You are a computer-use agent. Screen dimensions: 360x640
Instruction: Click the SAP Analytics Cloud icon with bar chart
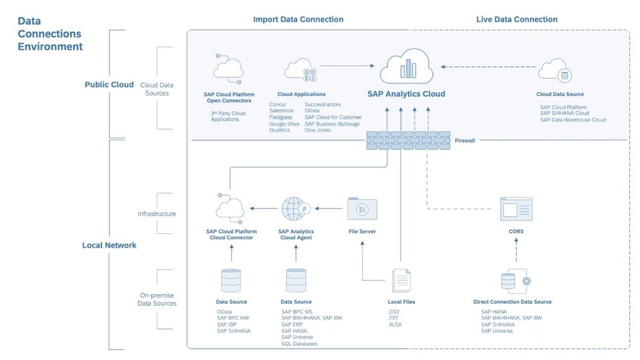(x=406, y=66)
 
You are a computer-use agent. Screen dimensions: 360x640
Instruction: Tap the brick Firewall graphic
(x=407, y=140)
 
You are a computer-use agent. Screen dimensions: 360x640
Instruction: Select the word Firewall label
(x=465, y=141)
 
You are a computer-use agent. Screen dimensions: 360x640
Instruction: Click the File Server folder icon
(x=362, y=209)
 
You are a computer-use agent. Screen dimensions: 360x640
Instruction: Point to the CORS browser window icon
(x=516, y=209)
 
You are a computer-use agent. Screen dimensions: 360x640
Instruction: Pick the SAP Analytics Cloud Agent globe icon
(x=295, y=209)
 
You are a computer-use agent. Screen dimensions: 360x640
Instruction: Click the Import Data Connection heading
(x=298, y=19)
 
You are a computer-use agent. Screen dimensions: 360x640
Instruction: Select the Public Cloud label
(x=109, y=85)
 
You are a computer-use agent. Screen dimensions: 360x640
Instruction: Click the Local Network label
(x=109, y=245)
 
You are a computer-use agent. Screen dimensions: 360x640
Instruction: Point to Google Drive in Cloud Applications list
(x=284, y=124)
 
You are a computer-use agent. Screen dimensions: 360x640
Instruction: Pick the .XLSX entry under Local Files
(x=395, y=324)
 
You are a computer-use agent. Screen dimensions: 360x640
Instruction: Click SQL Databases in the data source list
(x=299, y=343)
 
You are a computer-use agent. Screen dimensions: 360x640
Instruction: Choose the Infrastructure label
(x=157, y=214)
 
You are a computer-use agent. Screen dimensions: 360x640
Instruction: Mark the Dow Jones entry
(x=318, y=130)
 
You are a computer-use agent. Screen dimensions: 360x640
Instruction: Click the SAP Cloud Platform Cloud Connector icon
(x=229, y=209)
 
